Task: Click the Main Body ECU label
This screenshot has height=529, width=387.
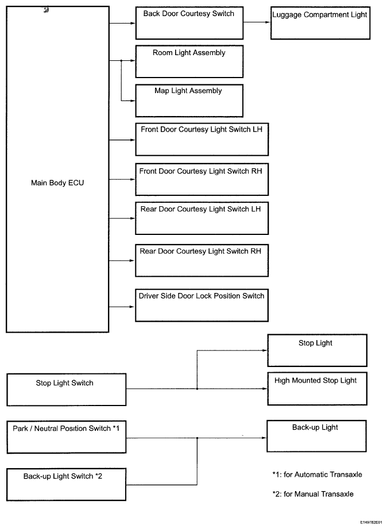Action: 57,183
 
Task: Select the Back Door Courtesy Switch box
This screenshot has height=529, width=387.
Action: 189,24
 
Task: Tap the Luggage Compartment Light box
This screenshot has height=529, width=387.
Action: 320,23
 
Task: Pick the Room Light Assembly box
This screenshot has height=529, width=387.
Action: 189,61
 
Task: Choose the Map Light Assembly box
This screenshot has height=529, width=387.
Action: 189,101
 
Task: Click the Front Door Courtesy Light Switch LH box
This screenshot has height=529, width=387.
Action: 202,140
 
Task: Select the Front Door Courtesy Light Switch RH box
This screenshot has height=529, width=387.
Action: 202,179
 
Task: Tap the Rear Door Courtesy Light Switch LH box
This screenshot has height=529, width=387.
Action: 202,218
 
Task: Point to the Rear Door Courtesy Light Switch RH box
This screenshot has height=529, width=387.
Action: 202,260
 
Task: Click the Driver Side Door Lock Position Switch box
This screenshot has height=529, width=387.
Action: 202,306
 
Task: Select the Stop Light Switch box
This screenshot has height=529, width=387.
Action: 67,389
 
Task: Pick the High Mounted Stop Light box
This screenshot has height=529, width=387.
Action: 317,389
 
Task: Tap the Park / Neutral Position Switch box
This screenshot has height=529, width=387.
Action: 67,437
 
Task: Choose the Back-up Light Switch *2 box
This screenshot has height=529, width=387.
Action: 66,484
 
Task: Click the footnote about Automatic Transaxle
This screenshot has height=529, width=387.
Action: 317,474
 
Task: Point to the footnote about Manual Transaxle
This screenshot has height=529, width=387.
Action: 313,495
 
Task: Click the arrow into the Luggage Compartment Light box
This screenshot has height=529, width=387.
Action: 257,22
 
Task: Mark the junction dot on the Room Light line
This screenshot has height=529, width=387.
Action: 121,61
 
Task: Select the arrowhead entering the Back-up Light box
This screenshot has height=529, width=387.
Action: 264,438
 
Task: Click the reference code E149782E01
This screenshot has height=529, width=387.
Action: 371,522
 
